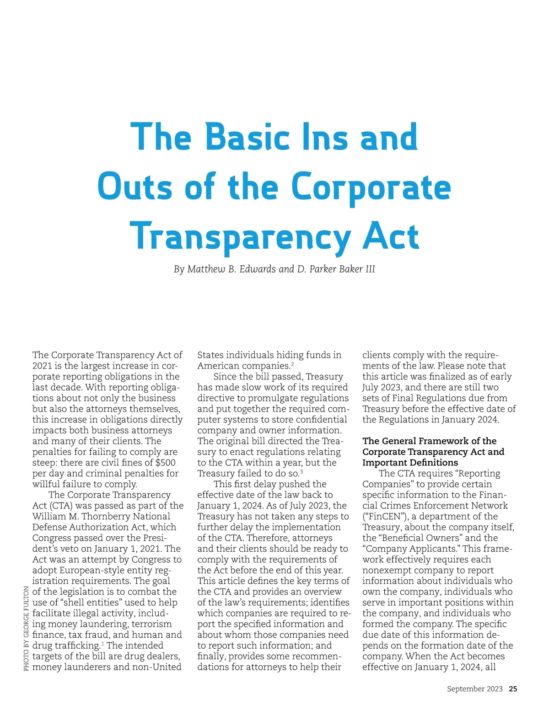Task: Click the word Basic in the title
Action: tap(247, 137)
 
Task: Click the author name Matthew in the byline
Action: tap(204, 269)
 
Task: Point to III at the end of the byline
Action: tap(370, 269)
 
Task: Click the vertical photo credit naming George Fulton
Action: tap(26, 629)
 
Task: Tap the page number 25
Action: tap(513, 689)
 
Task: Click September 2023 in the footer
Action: tap(474, 689)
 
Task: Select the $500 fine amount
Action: tap(166, 463)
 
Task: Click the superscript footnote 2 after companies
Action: tap(292, 364)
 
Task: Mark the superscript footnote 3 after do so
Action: tap(301, 471)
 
